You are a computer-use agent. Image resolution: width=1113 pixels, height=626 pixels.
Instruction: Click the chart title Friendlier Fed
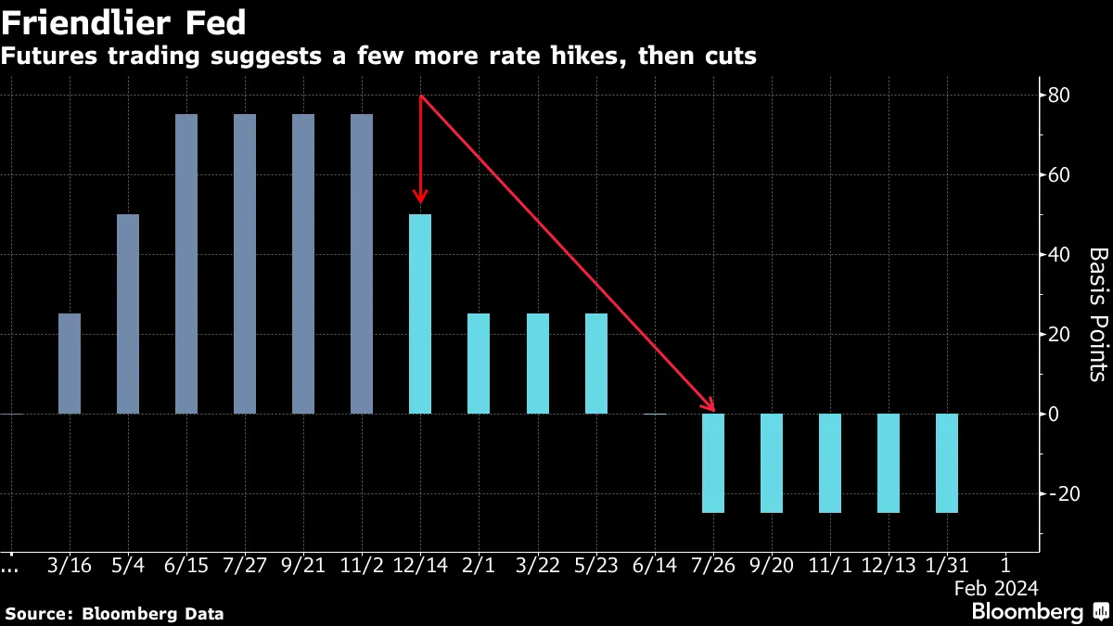coord(123,20)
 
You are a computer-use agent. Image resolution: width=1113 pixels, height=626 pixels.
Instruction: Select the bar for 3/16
coord(70,364)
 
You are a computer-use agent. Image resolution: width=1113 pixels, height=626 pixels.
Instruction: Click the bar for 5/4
coord(128,313)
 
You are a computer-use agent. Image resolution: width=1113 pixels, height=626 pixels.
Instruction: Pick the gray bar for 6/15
coord(186,264)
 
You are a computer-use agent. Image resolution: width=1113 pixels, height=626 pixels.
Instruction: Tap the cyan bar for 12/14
coord(420,313)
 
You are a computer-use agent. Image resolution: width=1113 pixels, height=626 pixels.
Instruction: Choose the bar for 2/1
coord(479,364)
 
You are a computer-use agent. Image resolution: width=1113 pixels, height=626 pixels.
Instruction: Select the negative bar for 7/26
coord(713,463)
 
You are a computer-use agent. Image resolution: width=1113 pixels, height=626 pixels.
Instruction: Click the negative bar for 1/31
coord(947,463)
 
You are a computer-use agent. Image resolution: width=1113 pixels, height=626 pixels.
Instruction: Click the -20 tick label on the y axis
coord(1057,493)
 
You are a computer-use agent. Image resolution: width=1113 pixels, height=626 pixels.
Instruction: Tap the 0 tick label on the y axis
coord(1054,414)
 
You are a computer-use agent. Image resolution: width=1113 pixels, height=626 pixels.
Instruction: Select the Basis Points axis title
coord(1097,314)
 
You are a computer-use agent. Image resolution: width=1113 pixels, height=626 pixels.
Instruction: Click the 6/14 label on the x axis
coord(655,564)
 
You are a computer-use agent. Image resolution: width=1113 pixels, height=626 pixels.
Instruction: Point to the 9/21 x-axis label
coord(303,564)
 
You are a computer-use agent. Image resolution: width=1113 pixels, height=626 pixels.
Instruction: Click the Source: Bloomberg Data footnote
coord(114,613)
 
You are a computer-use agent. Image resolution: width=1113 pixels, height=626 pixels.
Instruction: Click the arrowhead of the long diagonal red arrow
coord(711,432)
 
